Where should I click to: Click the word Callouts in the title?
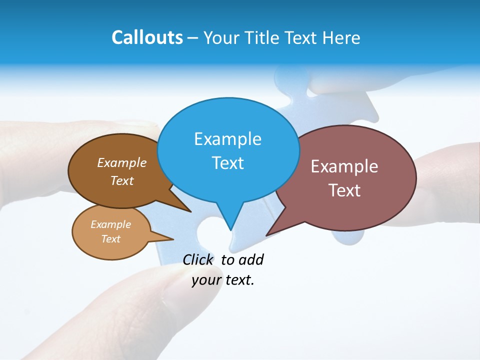coord(147,37)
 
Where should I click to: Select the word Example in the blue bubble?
coord(227,139)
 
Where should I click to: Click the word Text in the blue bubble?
coord(227,163)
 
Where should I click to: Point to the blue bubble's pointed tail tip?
coord(230,229)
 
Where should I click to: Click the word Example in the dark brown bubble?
coord(122,163)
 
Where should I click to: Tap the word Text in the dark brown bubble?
coord(122,180)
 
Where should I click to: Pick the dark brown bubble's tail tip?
coord(190,211)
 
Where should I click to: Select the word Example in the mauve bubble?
coord(344,166)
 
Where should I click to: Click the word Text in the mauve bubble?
coord(344,190)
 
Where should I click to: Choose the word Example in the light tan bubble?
coord(110,224)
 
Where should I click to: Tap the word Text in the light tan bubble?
coord(110,239)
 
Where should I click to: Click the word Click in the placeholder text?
coord(197,259)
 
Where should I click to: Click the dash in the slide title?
coord(193,37)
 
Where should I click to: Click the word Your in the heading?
coord(223,37)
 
